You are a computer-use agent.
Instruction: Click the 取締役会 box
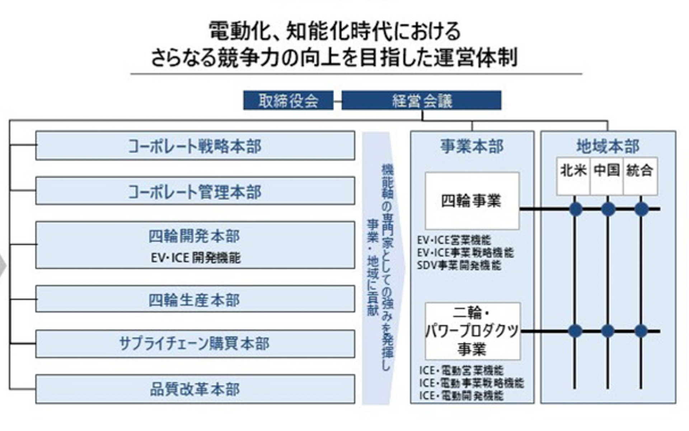[x=288, y=101]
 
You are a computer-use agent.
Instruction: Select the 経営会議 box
[x=421, y=101]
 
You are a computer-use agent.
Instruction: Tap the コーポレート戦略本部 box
[x=195, y=146]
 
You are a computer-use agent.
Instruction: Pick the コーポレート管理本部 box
[x=195, y=191]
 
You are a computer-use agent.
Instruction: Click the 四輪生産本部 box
[x=195, y=299]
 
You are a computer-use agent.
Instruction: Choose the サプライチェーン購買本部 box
[x=195, y=344]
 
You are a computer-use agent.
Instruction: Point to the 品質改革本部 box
[x=195, y=389]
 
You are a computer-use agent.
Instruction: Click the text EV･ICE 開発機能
[x=196, y=258]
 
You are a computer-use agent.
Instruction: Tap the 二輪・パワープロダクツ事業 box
[x=472, y=331]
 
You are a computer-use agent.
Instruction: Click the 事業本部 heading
[x=472, y=146]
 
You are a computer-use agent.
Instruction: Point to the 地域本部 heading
[x=608, y=146]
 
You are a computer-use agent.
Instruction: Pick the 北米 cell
[x=573, y=170]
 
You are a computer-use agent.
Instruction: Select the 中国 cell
[x=606, y=170]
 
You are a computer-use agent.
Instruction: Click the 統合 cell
[x=639, y=170]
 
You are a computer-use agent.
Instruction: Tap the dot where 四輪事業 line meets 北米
[x=576, y=209]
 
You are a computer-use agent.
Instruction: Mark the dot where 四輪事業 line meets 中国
[x=608, y=209]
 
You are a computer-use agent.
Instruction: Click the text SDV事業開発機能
[x=459, y=265]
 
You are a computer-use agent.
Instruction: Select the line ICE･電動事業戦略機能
[x=471, y=383]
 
